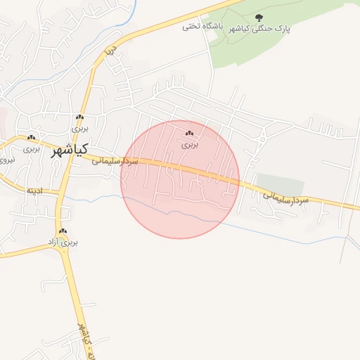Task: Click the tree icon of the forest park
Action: (259, 17)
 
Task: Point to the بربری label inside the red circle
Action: (191, 144)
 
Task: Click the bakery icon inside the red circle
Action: (189, 133)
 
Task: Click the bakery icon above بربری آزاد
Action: (63, 231)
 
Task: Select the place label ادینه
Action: (35, 191)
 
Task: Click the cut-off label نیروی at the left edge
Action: (6, 160)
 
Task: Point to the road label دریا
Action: (109, 51)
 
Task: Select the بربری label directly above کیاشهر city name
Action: (80, 129)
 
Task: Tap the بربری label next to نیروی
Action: (31, 148)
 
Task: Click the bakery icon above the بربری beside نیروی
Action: (31, 137)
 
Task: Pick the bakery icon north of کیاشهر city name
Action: (80, 118)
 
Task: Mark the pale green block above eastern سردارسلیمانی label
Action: (280, 184)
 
